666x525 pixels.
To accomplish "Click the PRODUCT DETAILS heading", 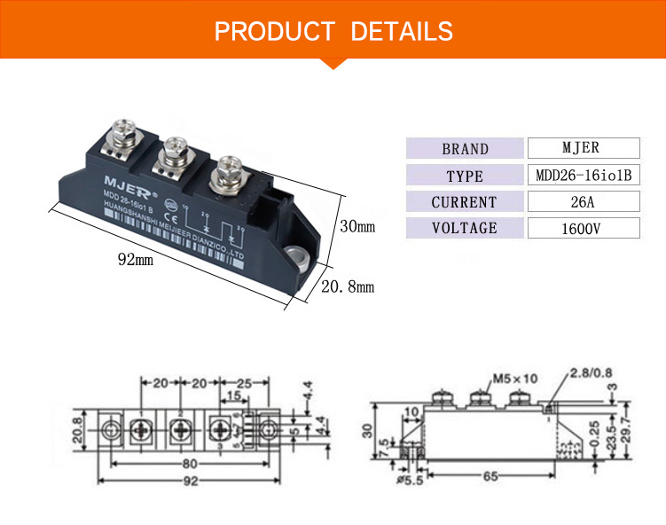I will pos(333,32).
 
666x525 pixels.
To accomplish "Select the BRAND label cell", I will pos(465,149).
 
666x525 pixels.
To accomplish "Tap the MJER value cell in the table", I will pos(582,148).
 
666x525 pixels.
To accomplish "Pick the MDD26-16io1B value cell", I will pos(583,175).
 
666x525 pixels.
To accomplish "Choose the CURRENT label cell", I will pos(465,202).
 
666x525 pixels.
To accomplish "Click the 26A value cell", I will pos(582,201).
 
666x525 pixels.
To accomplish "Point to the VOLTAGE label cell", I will pos(465,228).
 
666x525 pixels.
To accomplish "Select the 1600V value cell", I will pos(582,229).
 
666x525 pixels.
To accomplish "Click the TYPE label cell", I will pos(465,176).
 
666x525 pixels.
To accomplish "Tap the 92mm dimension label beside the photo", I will pos(136,260).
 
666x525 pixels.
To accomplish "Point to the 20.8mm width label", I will pos(347,286).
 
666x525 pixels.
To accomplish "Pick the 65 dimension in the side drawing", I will pos(490,477).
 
